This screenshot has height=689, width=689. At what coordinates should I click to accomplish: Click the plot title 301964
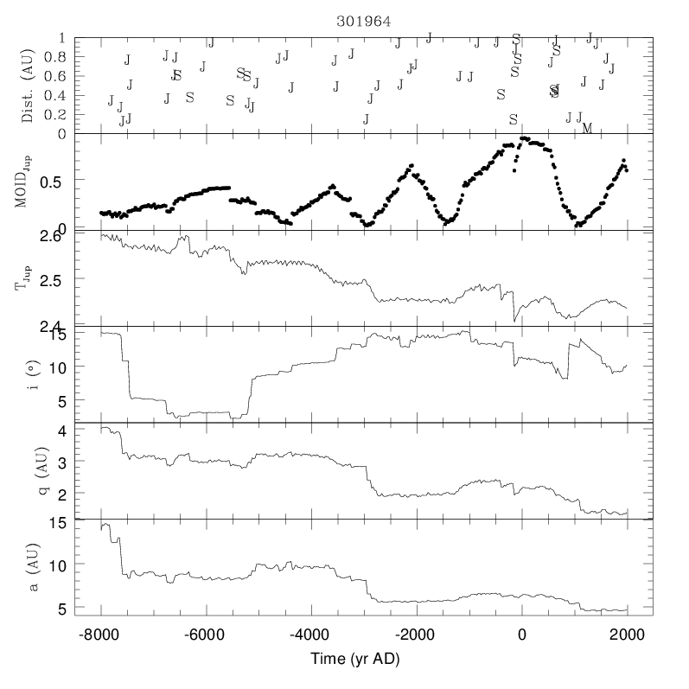[362, 22]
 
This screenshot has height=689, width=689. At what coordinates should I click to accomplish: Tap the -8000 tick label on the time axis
[100, 634]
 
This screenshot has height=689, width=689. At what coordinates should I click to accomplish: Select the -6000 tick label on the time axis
[206, 634]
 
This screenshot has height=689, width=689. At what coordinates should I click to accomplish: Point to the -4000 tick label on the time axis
[310, 634]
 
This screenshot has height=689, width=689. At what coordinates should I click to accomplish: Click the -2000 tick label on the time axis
[415, 634]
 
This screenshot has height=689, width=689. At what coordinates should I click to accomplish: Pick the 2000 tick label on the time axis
[626, 634]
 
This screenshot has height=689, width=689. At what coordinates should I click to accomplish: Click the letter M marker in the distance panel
[587, 129]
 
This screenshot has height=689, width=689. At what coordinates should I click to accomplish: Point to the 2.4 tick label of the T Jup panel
[53, 326]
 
